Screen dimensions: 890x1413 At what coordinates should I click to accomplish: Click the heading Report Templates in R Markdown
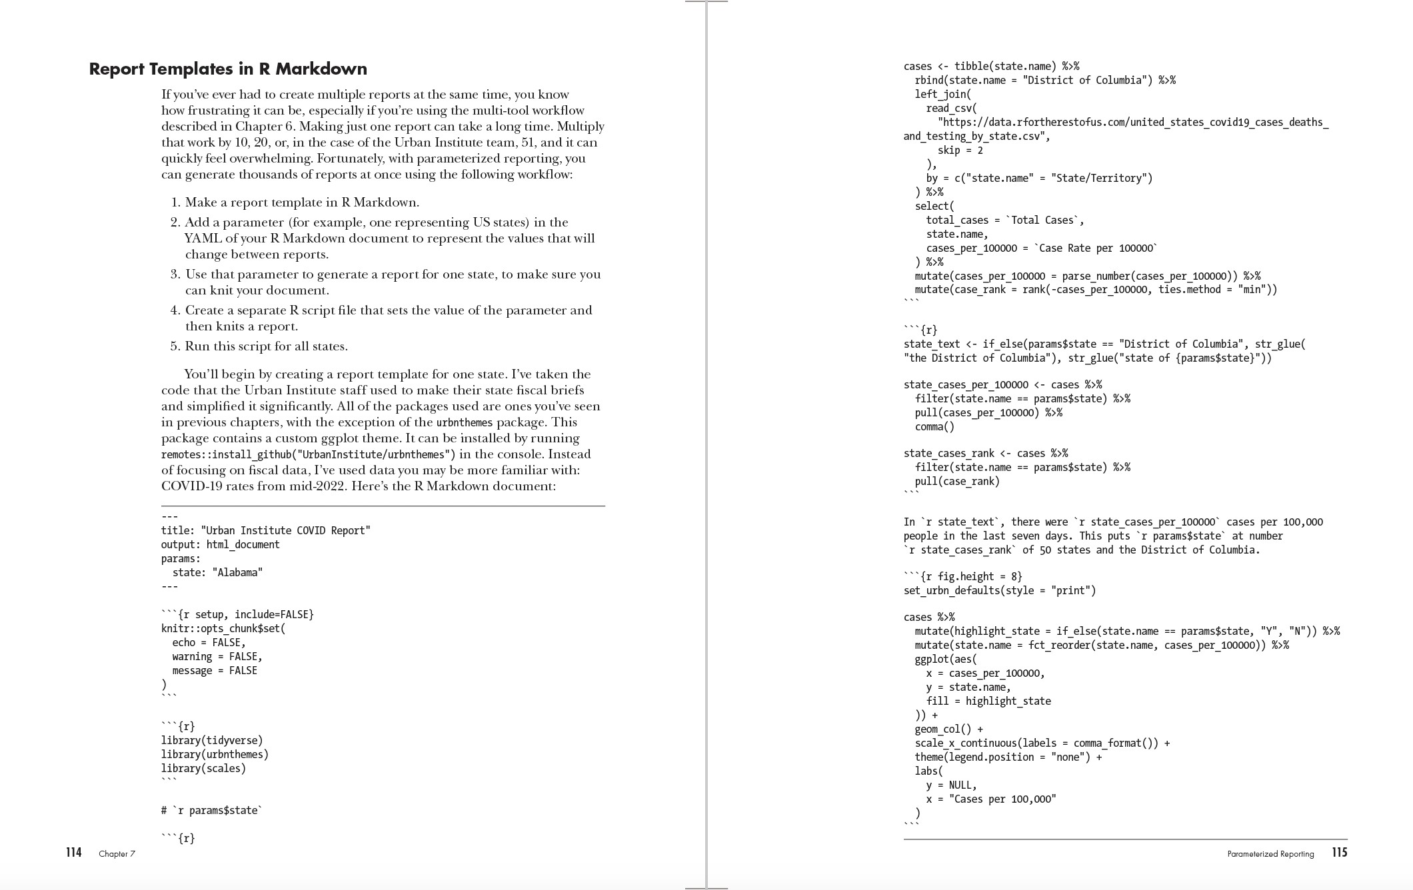point(228,69)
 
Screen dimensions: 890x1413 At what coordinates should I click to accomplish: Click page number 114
point(73,853)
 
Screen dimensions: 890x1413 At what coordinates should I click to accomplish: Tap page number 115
point(1339,853)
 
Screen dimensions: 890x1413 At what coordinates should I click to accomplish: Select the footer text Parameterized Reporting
point(1270,854)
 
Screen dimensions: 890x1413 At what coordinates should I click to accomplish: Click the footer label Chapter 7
point(117,854)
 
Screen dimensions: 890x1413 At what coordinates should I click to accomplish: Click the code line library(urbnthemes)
point(215,754)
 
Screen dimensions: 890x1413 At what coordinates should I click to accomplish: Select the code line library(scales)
point(203,768)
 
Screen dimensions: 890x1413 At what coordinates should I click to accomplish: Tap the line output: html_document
point(220,544)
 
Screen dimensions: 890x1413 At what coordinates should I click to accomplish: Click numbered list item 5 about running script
point(266,346)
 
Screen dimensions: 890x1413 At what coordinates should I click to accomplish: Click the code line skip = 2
point(960,151)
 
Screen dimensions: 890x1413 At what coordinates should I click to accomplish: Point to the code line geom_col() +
point(948,729)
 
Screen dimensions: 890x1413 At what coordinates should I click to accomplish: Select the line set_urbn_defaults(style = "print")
point(999,590)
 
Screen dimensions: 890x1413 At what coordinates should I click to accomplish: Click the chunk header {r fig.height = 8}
point(962,576)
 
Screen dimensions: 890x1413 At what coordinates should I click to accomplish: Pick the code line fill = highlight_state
point(988,701)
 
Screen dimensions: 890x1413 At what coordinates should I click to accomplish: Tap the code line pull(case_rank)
point(957,481)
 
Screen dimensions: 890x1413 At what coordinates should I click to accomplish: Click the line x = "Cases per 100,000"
point(990,799)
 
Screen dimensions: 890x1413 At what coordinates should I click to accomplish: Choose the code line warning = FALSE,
point(217,656)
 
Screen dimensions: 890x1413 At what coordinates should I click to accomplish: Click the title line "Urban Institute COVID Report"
point(265,530)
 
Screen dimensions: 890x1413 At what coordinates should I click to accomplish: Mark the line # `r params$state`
point(211,810)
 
